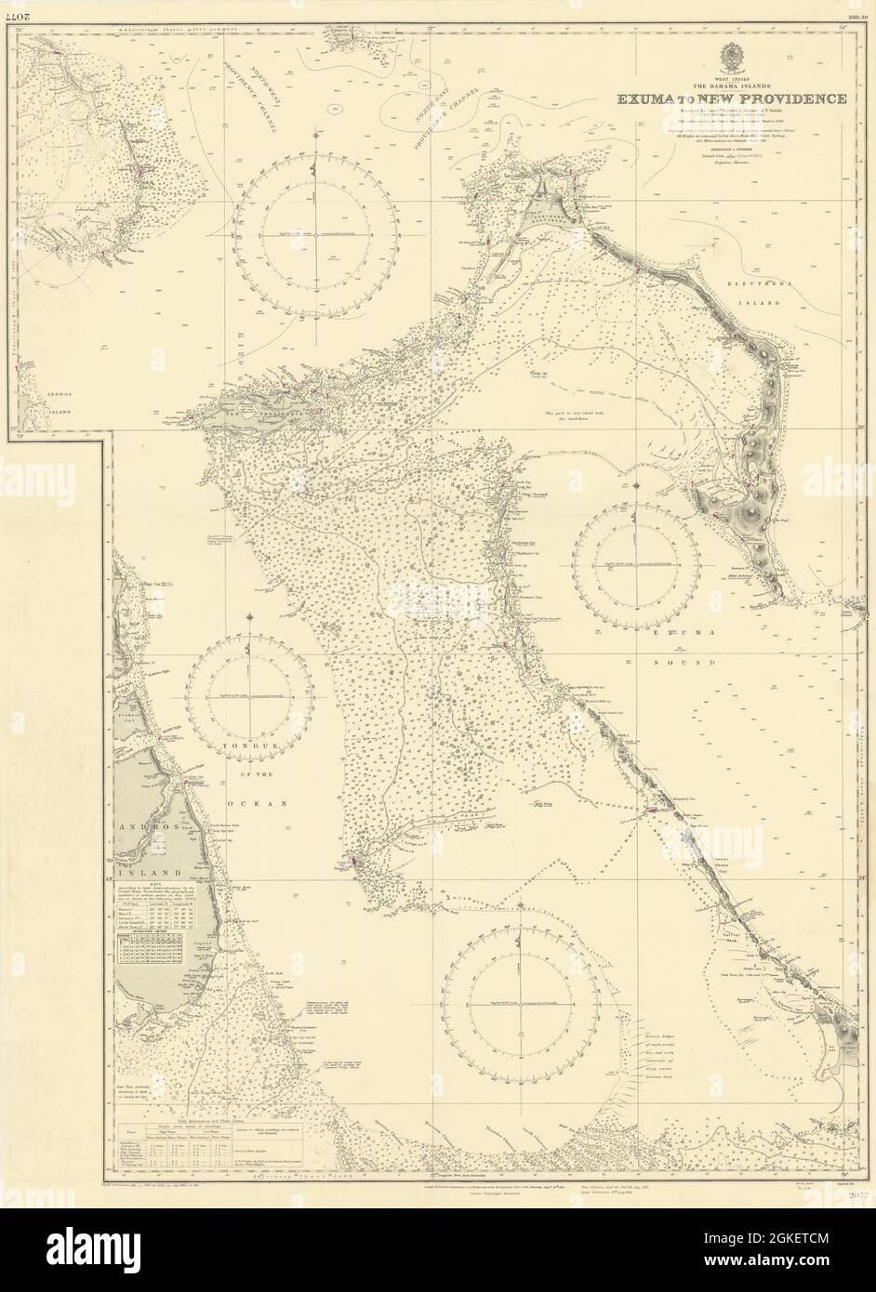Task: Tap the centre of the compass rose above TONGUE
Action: tap(250, 694)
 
